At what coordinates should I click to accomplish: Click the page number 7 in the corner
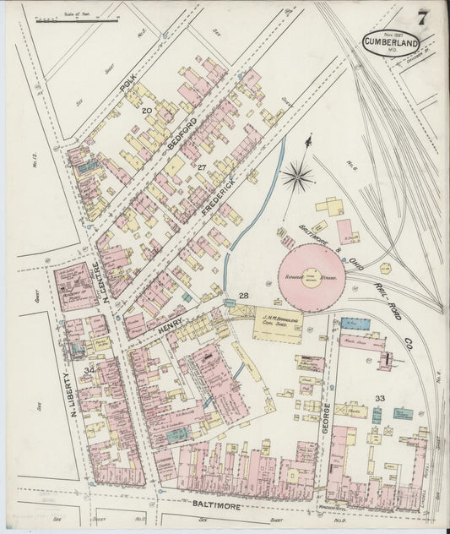(x=420, y=18)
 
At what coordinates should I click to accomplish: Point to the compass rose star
(x=297, y=177)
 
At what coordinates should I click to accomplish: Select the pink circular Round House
(x=312, y=276)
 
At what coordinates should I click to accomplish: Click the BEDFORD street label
(x=181, y=135)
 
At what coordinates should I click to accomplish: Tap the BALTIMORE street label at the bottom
(x=215, y=504)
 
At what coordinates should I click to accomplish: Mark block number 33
(x=380, y=398)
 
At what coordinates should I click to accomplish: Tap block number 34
(x=89, y=369)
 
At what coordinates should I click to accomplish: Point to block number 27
(x=202, y=167)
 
